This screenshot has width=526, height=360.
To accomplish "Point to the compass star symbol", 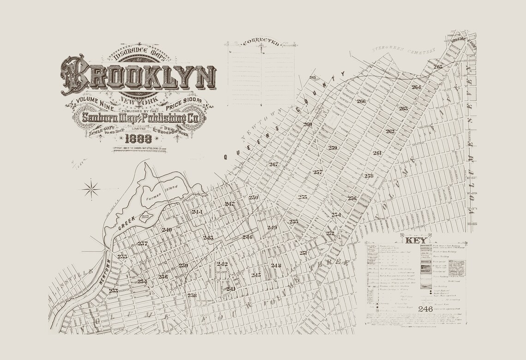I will tap(92, 188).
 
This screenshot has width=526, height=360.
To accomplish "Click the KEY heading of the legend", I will tap(416, 240).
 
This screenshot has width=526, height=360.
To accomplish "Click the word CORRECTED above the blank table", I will tap(261, 43).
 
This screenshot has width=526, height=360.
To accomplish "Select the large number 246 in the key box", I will tap(425, 309).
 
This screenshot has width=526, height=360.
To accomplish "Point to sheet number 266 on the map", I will tap(361, 101).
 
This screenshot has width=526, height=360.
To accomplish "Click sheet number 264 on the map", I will tap(416, 87).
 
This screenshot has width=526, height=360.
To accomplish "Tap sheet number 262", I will tap(390, 131).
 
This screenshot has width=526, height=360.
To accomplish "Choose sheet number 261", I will tap(377, 153).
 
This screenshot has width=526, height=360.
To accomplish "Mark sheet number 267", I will tap(274, 164).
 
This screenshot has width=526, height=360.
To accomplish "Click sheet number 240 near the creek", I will tap(167, 229).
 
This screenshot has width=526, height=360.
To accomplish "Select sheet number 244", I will tap(197, 211).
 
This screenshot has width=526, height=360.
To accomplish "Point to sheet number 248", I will tap(276, 265).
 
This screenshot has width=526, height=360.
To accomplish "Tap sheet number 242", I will tap(222, 264).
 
